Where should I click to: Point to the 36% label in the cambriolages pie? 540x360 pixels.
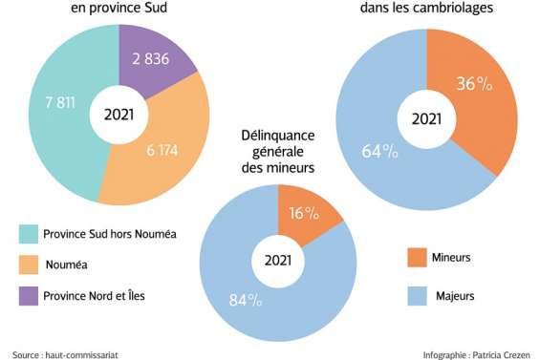(x=473, y=83)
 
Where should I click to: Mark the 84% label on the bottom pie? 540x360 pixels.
(x=245, y=301)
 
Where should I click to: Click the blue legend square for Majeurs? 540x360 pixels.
(x=415, y=295)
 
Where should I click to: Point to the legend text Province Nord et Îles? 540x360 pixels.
(x=97, y=296)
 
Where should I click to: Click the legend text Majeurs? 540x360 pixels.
(x=457, y=295)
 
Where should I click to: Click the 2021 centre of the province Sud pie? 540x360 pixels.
(x=118, y=116)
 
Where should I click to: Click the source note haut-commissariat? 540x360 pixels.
(x=66, y=354)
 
